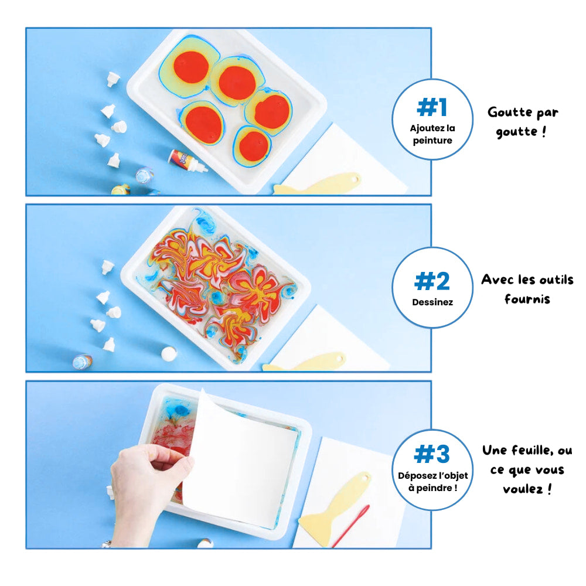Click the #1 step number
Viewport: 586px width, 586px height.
click(432, 107)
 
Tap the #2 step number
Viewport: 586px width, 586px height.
click(432, 281)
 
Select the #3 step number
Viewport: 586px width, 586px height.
click(432, 454)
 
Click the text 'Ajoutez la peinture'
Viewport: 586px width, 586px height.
click(432, 134)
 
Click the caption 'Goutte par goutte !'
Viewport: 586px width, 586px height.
click(523, 121)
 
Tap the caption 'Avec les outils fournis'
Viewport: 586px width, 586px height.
click(527, 289)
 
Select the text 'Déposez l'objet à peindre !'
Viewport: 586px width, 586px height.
click(432, 481)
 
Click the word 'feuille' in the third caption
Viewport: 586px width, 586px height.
click(531, 451)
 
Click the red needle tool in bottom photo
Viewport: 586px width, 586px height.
click(351, 525)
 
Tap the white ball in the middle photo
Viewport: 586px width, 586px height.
click(169, 353)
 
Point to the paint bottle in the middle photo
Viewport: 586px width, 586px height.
click(83, 362)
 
